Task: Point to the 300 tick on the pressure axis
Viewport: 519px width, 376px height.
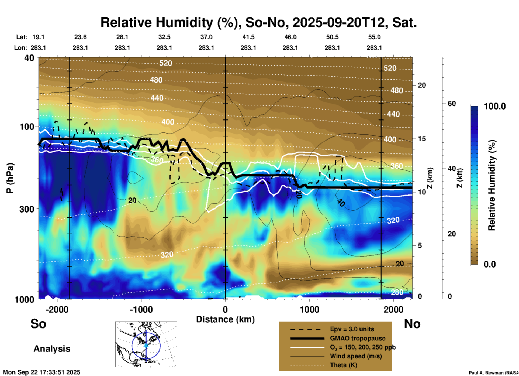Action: point(27,209)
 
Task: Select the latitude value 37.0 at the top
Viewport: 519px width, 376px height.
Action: point(206,37)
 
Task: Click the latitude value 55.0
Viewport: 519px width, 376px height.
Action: point(374,37)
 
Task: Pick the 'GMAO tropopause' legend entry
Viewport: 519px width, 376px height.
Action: point(358,338)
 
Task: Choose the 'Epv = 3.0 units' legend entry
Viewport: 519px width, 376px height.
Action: point(352,329)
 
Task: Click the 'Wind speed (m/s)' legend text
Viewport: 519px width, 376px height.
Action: point(356,356)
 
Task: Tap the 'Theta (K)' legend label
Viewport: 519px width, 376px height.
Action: point(343,365)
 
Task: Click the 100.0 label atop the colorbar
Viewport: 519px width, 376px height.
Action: point(495,106)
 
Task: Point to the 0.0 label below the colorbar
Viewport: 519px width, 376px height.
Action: point(490,264)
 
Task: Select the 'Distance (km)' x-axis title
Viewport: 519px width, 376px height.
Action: point(225,319)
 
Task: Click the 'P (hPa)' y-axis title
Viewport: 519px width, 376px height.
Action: point(10,178)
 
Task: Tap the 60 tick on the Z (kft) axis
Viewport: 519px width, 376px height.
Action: point(452,104)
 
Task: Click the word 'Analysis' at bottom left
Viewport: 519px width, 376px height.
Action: point(52,349)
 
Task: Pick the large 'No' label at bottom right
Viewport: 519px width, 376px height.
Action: point(412,324)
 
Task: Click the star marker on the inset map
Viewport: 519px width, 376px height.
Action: point(146,345)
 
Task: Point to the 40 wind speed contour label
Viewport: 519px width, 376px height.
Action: point(341,203)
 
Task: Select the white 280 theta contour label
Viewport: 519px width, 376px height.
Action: point(397,292)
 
